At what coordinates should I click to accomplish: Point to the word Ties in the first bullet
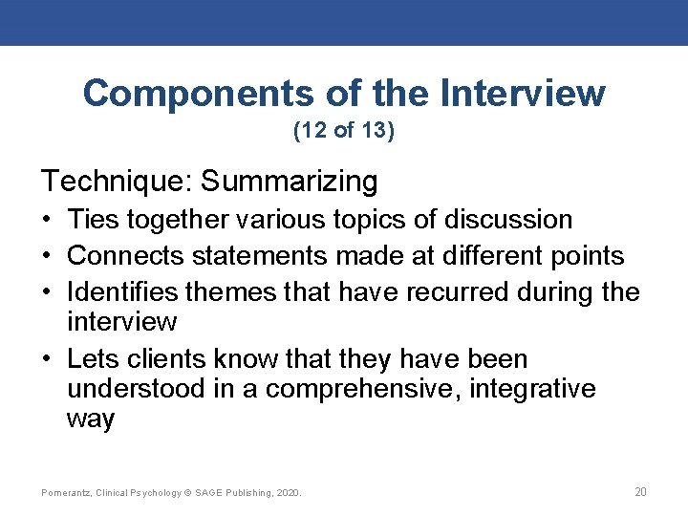coord(93,220)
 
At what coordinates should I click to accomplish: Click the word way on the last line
coord(91,420)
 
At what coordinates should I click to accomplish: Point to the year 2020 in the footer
coord(288,493)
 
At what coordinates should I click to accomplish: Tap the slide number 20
coord(640,492)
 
